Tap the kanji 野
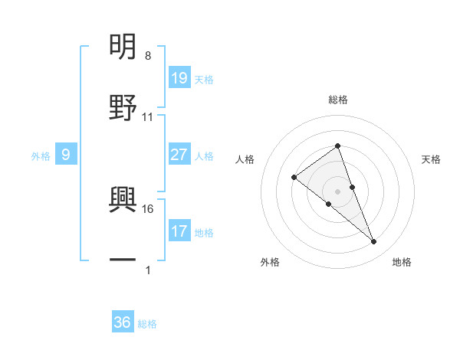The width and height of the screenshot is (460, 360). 123,107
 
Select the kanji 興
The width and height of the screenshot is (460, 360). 123,198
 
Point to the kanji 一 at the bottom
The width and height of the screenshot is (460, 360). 123,260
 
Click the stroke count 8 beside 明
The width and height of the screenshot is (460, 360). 147,56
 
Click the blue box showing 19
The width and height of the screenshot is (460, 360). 179,77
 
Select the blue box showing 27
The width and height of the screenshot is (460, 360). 179,155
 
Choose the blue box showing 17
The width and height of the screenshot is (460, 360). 179,231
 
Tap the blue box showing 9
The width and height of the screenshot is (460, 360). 66,155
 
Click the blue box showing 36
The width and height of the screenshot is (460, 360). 123,322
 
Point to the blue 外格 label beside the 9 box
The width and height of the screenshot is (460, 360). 41,155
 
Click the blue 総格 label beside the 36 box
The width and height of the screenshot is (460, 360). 147,324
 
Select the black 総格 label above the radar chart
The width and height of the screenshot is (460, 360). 337,100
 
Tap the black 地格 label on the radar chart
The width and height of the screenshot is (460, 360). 402,262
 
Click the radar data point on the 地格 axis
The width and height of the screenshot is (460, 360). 374,242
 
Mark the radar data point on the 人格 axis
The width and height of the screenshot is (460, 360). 294,178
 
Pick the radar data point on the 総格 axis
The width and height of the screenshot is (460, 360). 337,146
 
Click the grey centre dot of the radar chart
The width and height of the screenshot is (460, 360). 337,191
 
